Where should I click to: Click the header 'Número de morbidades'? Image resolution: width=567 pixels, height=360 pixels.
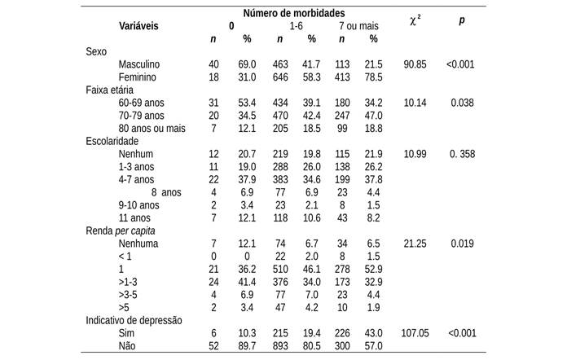tap(293, 14)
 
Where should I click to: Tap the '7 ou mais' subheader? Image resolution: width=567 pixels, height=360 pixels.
tap(358, 26)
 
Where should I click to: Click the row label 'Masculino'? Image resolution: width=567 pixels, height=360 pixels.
tap(139, 64)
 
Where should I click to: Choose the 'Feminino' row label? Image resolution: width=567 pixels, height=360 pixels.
tap(137, 77)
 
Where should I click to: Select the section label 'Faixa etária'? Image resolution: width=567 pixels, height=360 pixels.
tap(110, 90)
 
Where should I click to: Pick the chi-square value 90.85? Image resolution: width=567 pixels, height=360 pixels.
tap(415, 64)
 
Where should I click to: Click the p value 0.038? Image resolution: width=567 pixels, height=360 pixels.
tap(462, 103)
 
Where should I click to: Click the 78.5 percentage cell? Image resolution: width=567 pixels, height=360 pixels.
tap(373, 77)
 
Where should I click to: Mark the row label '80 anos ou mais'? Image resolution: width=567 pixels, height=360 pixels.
tap(152, 128)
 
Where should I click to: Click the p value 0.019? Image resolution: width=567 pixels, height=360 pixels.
tap(462, 244)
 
